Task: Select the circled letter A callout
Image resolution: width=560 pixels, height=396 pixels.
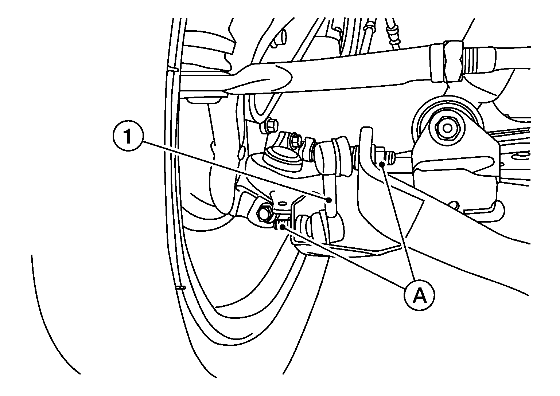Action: pyautogui.click(x=420, y=295)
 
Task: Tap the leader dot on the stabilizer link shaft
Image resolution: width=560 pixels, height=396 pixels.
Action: pyautogui.click(x=329, y=200)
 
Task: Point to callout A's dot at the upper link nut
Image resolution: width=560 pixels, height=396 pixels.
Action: pyautogui.click(x=381, y=164)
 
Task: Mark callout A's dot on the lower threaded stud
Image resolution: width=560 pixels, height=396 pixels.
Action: pyautogui.click(x=283, y=227)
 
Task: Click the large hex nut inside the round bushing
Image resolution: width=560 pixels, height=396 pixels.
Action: pyautogui.click(x=447, y=128)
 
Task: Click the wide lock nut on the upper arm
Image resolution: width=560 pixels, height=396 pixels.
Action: pyautogui.click(x=452, y=62)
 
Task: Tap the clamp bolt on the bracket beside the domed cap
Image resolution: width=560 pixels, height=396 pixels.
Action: pyautogui.click(x=297, y=140)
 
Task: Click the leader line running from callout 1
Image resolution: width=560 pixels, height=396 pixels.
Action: pyautogui.click(x=235, y=170)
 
